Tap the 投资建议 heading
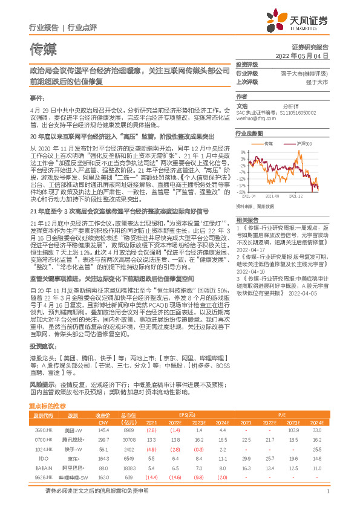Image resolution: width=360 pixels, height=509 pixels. point(41,346)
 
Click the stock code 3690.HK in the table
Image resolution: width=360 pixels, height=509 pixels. point(44,430)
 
